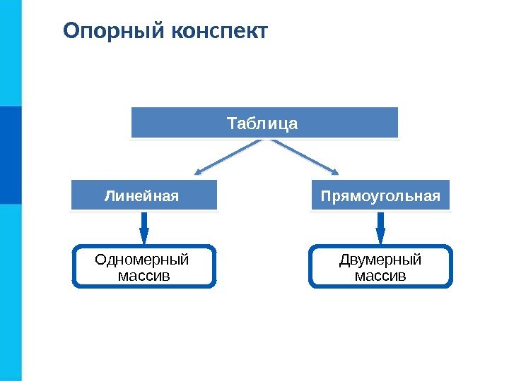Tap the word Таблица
coord(263,124)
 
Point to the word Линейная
coord(142,195)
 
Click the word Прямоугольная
coord(380,195)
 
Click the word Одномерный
coord(142,260)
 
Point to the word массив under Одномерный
coord(144,274)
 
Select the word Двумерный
coord(380,260)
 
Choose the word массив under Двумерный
coord(380,274)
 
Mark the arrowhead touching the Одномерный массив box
coord(144,238)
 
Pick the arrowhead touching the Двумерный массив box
coord(380,238)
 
